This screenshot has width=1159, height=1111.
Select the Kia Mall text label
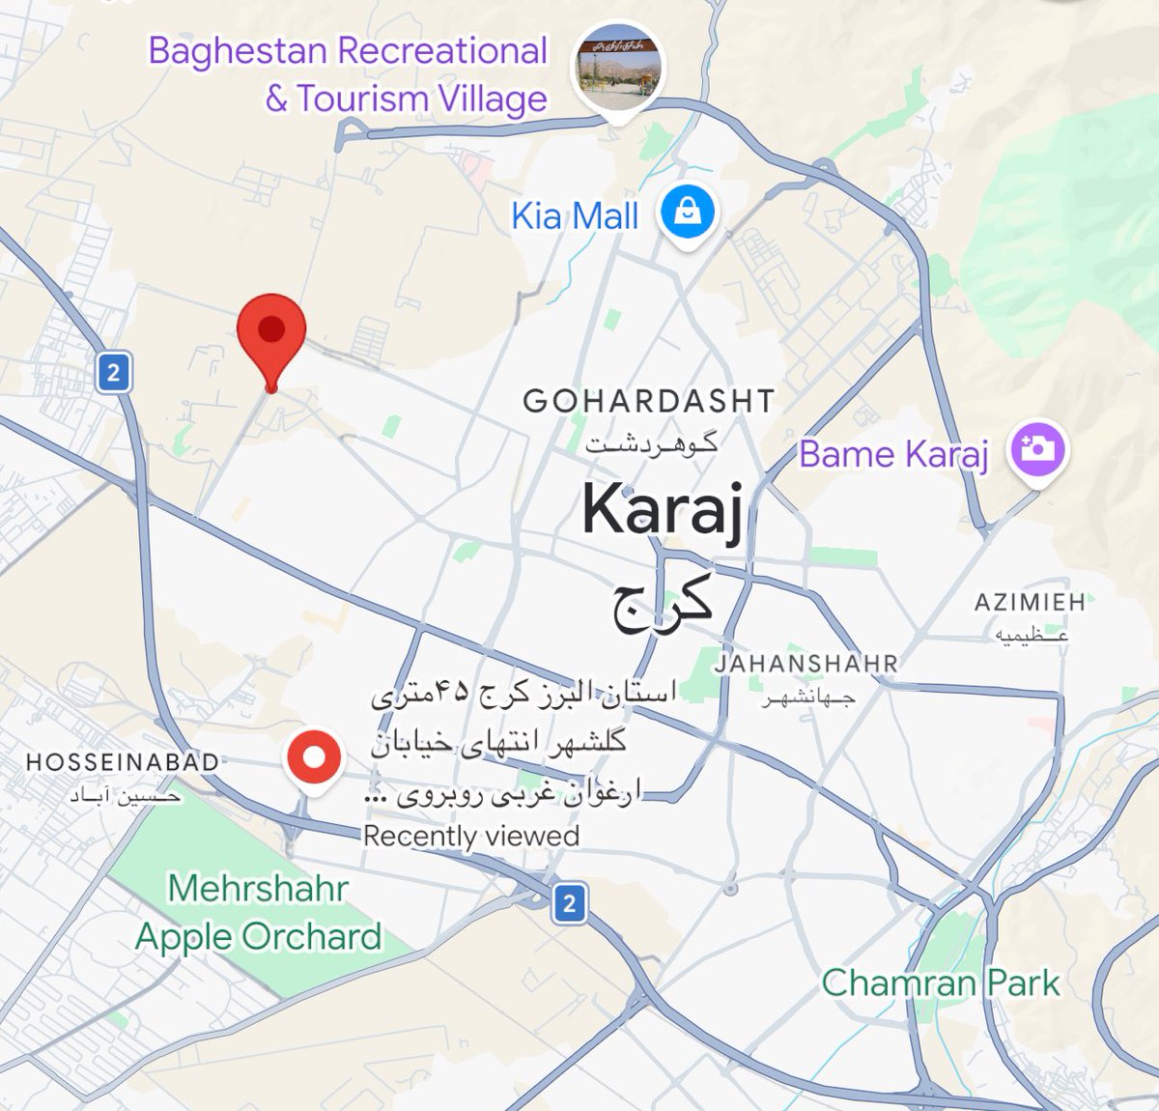(x=575, y=215)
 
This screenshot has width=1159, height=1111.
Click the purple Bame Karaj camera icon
(x=1037, y=449)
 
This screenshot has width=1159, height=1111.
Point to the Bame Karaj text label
(x=893, y=454)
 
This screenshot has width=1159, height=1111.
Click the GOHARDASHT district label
(x=648, y=401)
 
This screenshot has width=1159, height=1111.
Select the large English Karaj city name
(x=664, y=510)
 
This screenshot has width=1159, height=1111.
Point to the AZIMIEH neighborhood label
(x=1030, y=602)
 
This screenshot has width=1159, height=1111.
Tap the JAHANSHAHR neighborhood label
(x=806, y=664)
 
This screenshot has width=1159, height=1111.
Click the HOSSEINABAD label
(x=123, y=762)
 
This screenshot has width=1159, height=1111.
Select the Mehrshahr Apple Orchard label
(x=259, y=912)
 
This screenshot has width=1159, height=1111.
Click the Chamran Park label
(x=941, y=983)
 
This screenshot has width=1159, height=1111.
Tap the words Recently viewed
(x=471, y=836)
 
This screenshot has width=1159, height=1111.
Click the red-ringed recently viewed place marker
(x=314, y=758)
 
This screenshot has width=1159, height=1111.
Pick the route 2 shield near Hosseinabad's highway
(x=114, y=372)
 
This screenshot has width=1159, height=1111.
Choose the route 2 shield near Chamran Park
(x=569, y=903)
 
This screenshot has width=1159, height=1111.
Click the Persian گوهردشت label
(x=652, y=444)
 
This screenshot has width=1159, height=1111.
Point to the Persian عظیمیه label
(x=1032, y=635)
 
